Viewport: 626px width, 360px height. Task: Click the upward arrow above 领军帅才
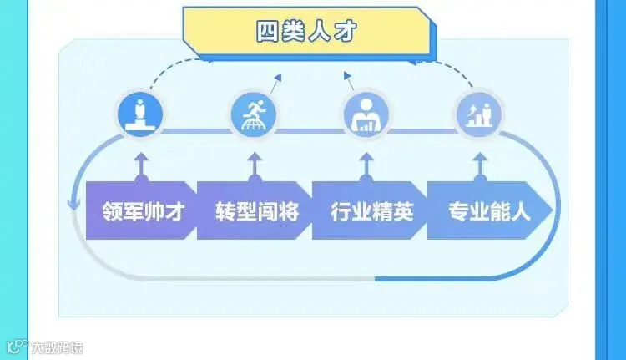click(x=141, y=161)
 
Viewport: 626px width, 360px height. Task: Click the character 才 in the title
click(x=343, y=32)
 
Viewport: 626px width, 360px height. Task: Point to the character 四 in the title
click(x=268, y=32)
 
